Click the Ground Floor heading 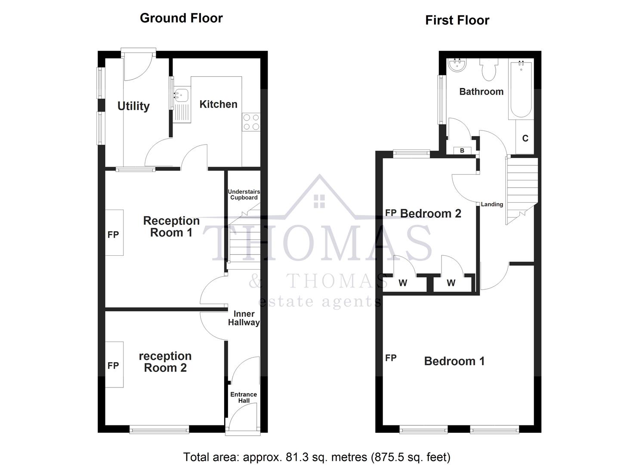tap(181, 18)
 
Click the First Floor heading tap(457, 20)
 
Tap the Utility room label tap(133, 106)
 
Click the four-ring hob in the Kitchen tap(251, 122)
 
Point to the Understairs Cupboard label tap(244, 195)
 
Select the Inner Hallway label tap(244, 318)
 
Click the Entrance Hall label tap(244, 397)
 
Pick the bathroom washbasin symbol tap(457, 65)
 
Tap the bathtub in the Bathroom tap(521, 90)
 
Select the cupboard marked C tap(525, 138)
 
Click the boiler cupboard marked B tap(462, 150)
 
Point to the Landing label tap(492, 205)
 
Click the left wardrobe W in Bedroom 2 tap(403, 283)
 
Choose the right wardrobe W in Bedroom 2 tap(451, 283)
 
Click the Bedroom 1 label tap(454, 361)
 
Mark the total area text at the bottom tap(317, 457)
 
